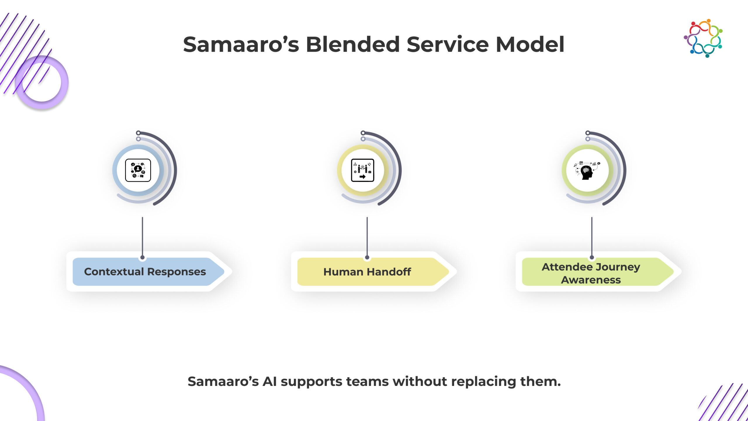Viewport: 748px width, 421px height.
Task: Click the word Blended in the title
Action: coord(353,44)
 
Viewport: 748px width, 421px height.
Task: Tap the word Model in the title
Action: coord(530,44)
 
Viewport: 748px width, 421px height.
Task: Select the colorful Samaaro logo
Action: coord(703,38)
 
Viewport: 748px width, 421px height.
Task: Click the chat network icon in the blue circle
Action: coord(138,170)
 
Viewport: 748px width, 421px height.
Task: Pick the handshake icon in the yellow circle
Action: coord(362,170)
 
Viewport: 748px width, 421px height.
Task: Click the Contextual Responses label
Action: coord(145,272)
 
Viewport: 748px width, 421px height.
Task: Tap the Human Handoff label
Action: coord(367,272)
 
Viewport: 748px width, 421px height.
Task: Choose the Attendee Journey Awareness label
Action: coord(591,273)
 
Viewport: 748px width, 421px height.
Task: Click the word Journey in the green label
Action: coord(618,267)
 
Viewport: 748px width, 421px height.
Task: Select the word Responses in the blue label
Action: coord(176,272)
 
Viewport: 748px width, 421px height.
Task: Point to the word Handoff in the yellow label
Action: coord(389,272)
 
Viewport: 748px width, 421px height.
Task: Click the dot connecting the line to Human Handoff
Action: coord(367,258)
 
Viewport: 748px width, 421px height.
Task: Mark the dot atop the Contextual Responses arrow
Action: coord(142,258)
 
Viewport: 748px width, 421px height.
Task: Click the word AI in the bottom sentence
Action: coord(269,382)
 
